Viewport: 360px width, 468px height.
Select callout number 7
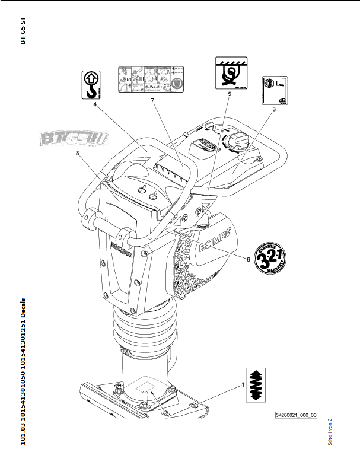tap(152, 101)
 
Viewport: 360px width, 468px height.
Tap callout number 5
tap(229, 94)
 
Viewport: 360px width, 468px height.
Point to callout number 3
tap(274, 110)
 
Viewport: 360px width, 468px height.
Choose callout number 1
tap(242, 384)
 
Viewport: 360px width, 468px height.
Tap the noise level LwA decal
tap(276, 91)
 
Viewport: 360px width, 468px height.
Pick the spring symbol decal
tap(257, 387)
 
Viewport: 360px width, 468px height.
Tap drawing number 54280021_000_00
tap(295, 416)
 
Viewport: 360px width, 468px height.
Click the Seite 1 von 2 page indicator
tap(330, 432)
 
